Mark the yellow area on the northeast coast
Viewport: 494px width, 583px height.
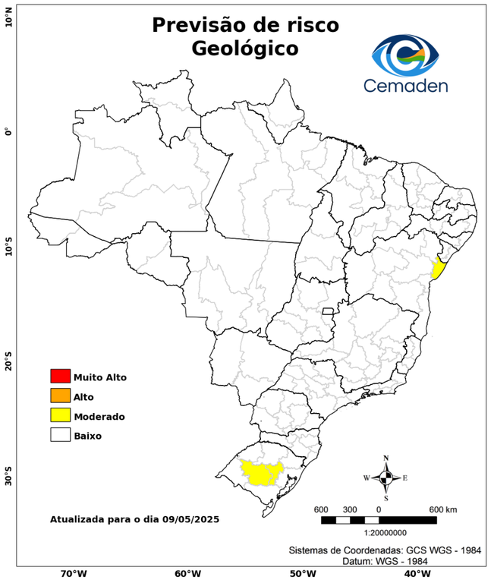pos(438,269)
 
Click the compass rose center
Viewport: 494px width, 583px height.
pos(385,477)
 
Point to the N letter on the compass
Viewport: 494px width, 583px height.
pos(385,458)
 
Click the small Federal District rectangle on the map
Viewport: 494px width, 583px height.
pos(329,311)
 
